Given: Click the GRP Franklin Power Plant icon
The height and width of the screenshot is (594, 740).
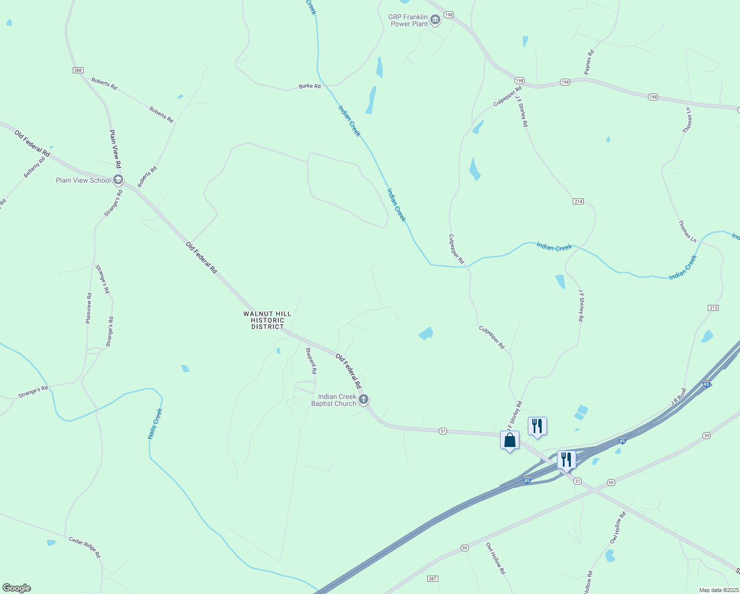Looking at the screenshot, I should point(435,20).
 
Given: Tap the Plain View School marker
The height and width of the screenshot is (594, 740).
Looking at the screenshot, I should point(118,180).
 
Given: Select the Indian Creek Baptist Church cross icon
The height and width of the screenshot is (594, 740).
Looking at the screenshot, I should point(364,399).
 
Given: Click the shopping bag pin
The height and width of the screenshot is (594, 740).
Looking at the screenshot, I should point(509,440).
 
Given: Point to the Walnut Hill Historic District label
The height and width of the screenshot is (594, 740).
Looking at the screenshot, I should point(267,320).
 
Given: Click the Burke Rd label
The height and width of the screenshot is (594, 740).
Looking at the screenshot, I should point(310,86).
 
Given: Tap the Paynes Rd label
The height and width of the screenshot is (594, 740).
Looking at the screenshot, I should point(589,62).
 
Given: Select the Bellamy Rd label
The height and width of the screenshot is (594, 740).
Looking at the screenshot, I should point(34,168).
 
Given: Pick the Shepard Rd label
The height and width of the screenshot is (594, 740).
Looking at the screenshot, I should point(311,360).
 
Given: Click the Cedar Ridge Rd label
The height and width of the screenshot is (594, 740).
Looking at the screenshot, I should point(85,547).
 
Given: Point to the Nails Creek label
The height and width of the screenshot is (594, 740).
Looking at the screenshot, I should point(155,424).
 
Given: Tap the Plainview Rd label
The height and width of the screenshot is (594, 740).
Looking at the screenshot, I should point(89,308).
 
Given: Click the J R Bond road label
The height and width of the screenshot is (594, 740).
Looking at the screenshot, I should point(679,397).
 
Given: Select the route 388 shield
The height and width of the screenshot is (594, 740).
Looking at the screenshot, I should point(78,70).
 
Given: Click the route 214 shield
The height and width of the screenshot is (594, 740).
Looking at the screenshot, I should point(578,201).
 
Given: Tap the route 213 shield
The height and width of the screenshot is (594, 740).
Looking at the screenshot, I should point(713,308).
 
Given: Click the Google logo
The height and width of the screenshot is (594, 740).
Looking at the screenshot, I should point(16,588).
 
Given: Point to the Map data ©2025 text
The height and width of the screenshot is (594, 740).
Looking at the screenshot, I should point(718,590).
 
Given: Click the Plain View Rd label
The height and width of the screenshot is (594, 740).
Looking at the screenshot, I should point(115,149).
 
